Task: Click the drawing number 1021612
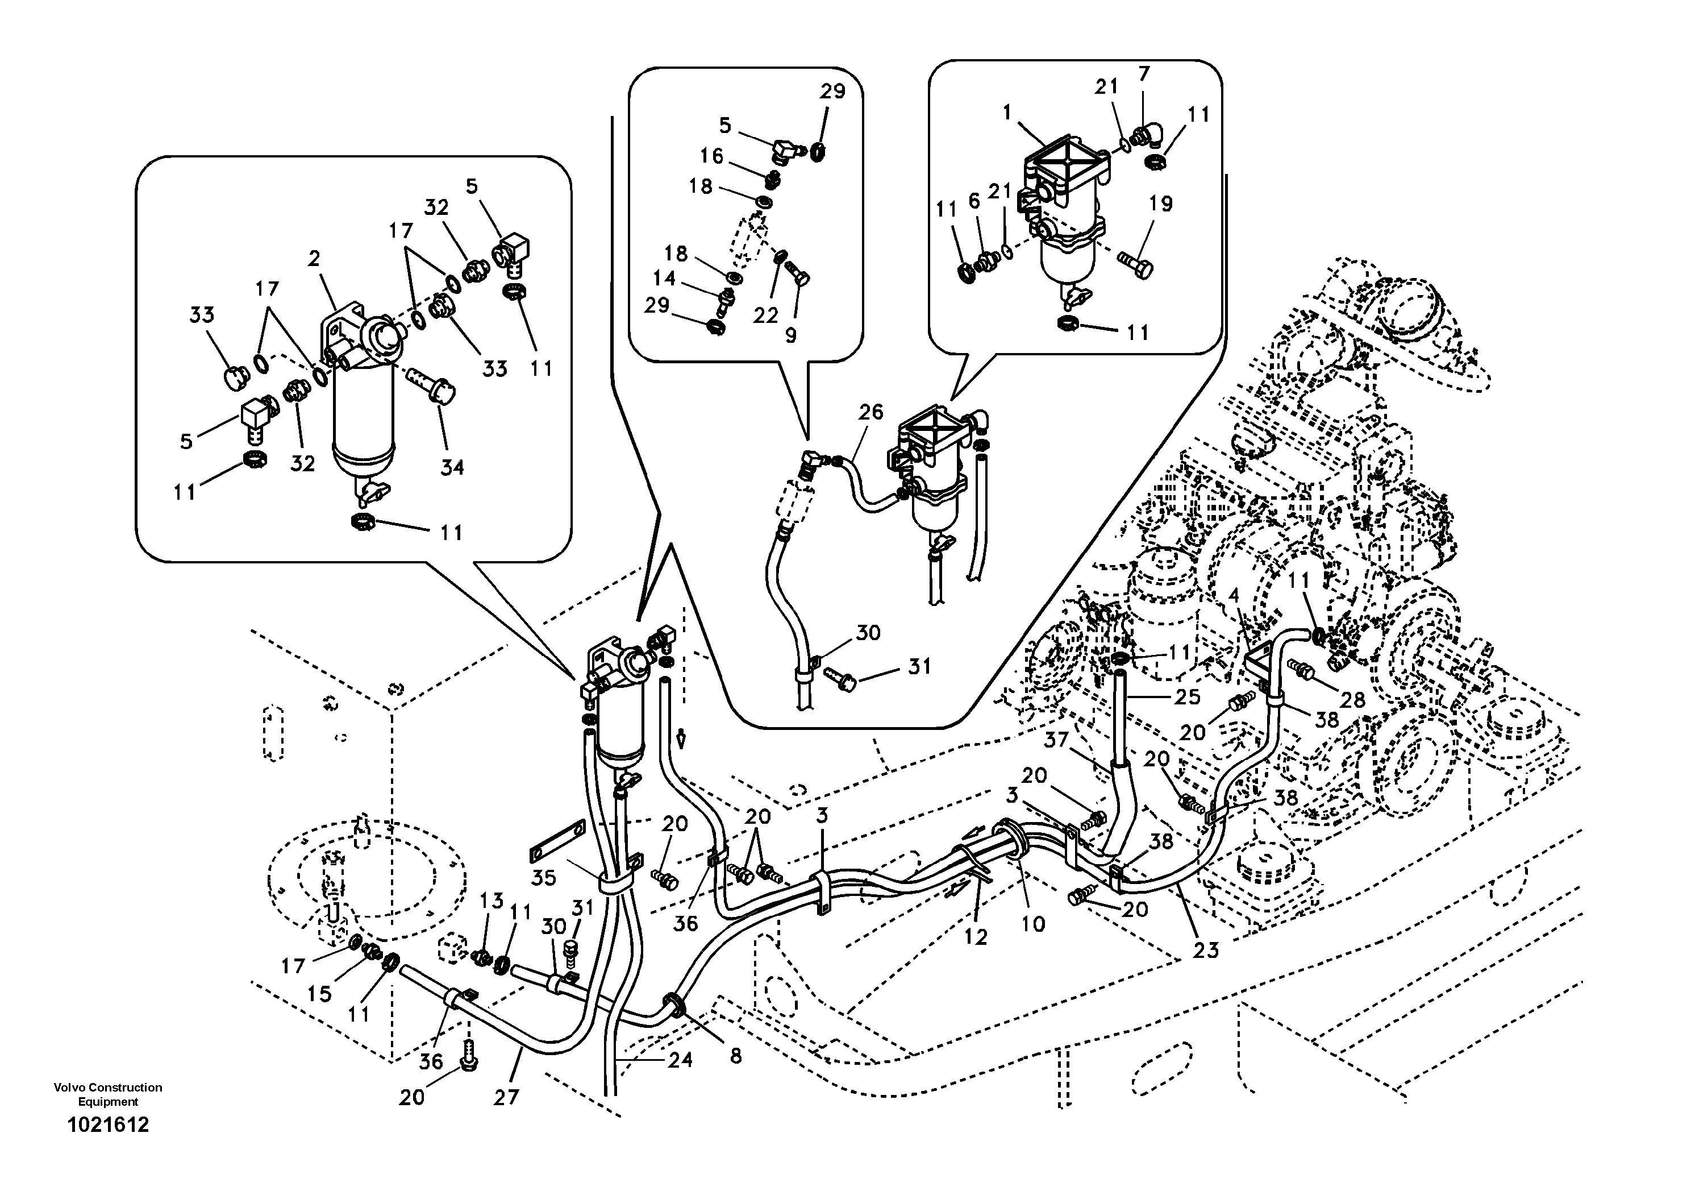click(107, 1125)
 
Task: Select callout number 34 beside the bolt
click(452, 467)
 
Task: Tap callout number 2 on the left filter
click(314, 259)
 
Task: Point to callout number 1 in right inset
click(1006, 112)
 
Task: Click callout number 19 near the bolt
click(1161, 204)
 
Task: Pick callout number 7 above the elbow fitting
click(1143, 74)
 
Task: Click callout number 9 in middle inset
click(790, 335)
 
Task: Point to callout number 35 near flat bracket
click(544, 877)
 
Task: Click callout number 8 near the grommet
click(735, 1056)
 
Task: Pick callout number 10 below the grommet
click(1034, 924)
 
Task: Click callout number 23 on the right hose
click(1206, 951)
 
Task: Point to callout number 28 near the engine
click(1352, 699)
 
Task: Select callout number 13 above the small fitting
click(492, 901)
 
